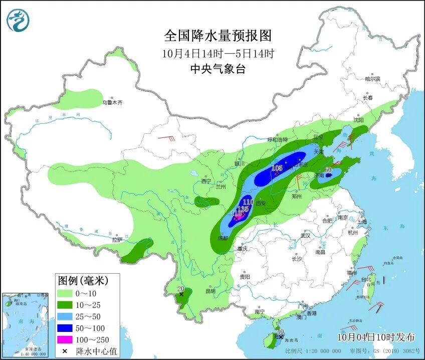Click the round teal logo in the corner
pos(18,21)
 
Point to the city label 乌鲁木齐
pos(113,102)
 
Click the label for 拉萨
pos(117,240)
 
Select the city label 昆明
pos(210,291)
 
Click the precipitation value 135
pos(243,209)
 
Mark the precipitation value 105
pos(277,168)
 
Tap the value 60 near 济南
pos(329,170)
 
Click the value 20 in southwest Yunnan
pos(181,289)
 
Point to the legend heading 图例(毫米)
pos(82,279)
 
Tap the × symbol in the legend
pos(64,350)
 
